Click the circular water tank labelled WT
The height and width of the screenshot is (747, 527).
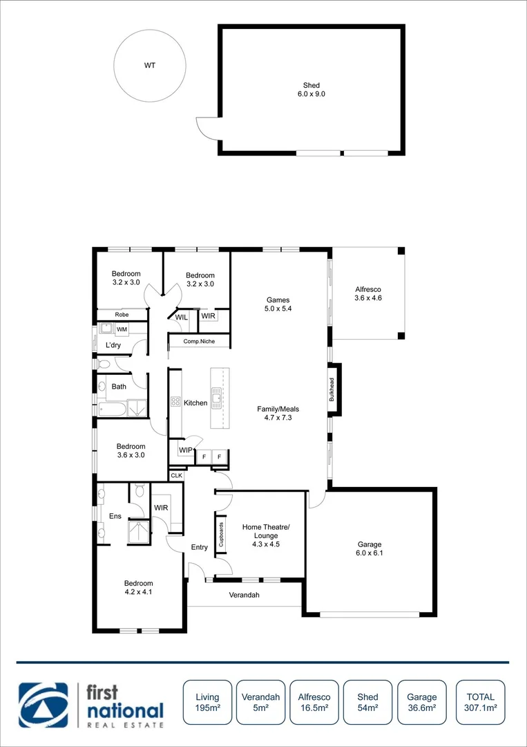coord(149,66)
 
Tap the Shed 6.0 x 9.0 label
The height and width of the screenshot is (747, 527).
coord(311,89)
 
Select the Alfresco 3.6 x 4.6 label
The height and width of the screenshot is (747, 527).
coord(367,294)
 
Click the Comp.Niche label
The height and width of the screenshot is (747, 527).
coord(199,342)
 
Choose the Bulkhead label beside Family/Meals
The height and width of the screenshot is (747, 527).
coord(332,390)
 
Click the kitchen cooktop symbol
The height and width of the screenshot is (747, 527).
coord(175,402)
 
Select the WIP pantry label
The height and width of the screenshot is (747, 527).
coord(185,450)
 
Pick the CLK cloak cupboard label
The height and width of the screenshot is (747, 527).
coord(177,475)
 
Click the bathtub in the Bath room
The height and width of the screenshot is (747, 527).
coord(112,409)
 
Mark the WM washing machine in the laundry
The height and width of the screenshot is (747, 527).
coord(122,329)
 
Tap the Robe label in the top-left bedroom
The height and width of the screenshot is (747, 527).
coord(122,315)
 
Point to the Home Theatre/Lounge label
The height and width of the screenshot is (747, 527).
coord(266,531)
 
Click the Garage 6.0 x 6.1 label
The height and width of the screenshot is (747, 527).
coord(370,548)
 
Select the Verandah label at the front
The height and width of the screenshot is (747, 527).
coord(244,595)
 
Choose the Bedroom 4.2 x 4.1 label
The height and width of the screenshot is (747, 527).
coord(138,587)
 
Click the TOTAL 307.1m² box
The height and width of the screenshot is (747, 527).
coord(480,702)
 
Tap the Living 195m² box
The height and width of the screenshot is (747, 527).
coord(207,702)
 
